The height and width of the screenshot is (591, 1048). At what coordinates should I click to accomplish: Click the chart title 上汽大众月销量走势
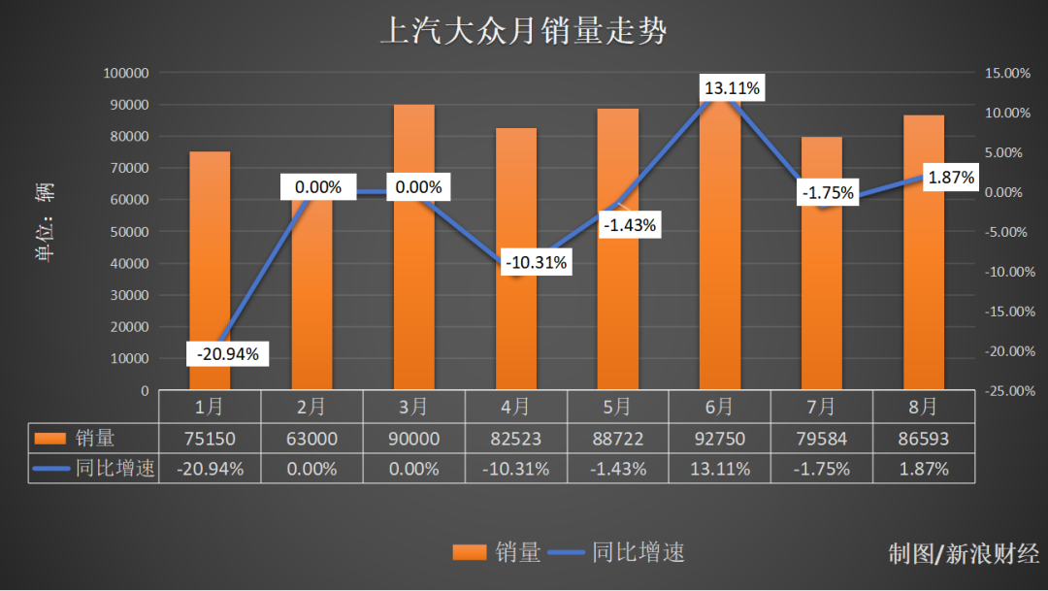click(523, 32)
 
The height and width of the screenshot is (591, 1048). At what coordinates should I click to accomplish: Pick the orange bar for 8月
click(924, 291)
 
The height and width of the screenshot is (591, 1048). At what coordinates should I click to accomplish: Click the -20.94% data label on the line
click(227, 354)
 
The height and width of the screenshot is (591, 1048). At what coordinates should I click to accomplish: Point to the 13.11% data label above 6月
click(732, 89)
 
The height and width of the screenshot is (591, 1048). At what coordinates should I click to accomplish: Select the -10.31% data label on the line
click(535, 262)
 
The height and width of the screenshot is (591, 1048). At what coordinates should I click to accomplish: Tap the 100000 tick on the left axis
click(125, 73)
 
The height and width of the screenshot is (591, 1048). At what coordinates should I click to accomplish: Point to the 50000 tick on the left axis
click(129, 232)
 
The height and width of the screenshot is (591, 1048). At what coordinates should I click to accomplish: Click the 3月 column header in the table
click(413, 406)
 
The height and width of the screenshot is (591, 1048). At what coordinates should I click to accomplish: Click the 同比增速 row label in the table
click(114, 469)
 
